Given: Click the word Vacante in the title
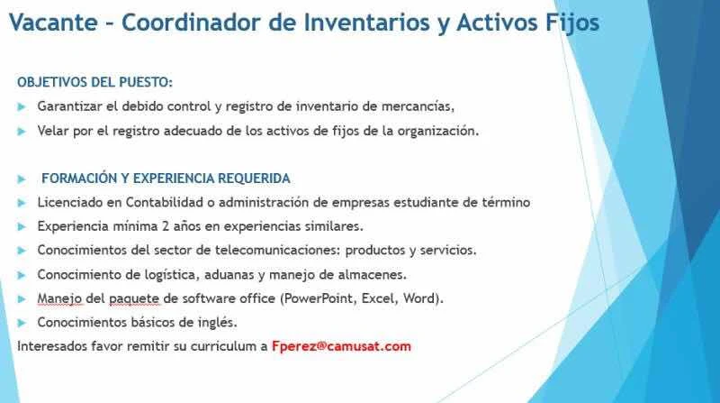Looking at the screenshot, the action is coord(53,22).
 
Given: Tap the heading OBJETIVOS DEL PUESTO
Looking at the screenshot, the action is coord(95,82).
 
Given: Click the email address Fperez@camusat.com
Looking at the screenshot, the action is coord(342,346).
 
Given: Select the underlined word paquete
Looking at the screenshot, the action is coord(134,299).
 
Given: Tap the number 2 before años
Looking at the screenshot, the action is coord(166,226).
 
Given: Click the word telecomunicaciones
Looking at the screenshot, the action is coord(277,251).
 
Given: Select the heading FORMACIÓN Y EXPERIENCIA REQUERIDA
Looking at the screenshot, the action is coord(166,179).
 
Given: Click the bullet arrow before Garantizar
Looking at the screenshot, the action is coord(22,106).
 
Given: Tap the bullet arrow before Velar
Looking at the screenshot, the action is coord(22,132).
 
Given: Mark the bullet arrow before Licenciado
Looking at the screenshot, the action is coord(22,203).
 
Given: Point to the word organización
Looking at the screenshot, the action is coord(438,132).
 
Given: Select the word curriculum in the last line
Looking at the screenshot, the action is coord(224,346).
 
